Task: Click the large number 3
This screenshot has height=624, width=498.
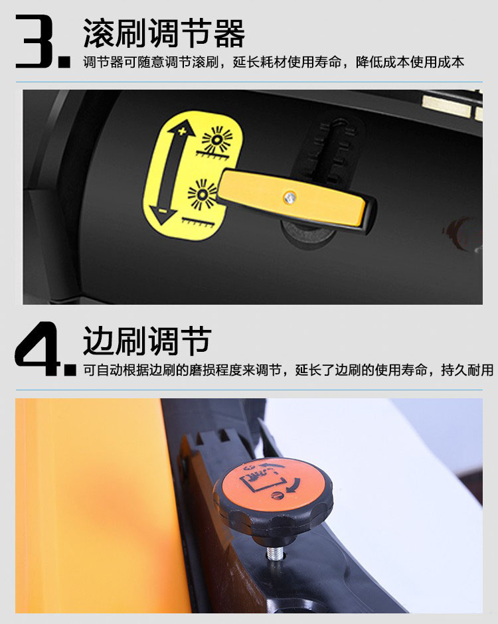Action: [34, 41]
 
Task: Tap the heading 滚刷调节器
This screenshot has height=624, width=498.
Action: [163, 33]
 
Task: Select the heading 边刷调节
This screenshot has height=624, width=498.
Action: [147, 341]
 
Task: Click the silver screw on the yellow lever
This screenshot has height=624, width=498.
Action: [290, 196]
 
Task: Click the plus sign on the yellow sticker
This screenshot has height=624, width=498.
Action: [183, 131]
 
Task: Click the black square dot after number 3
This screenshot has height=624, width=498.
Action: [64, 62]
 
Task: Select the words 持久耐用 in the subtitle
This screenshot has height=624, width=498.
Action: [467, 370]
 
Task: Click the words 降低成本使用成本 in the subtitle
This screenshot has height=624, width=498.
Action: [410, 62]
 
